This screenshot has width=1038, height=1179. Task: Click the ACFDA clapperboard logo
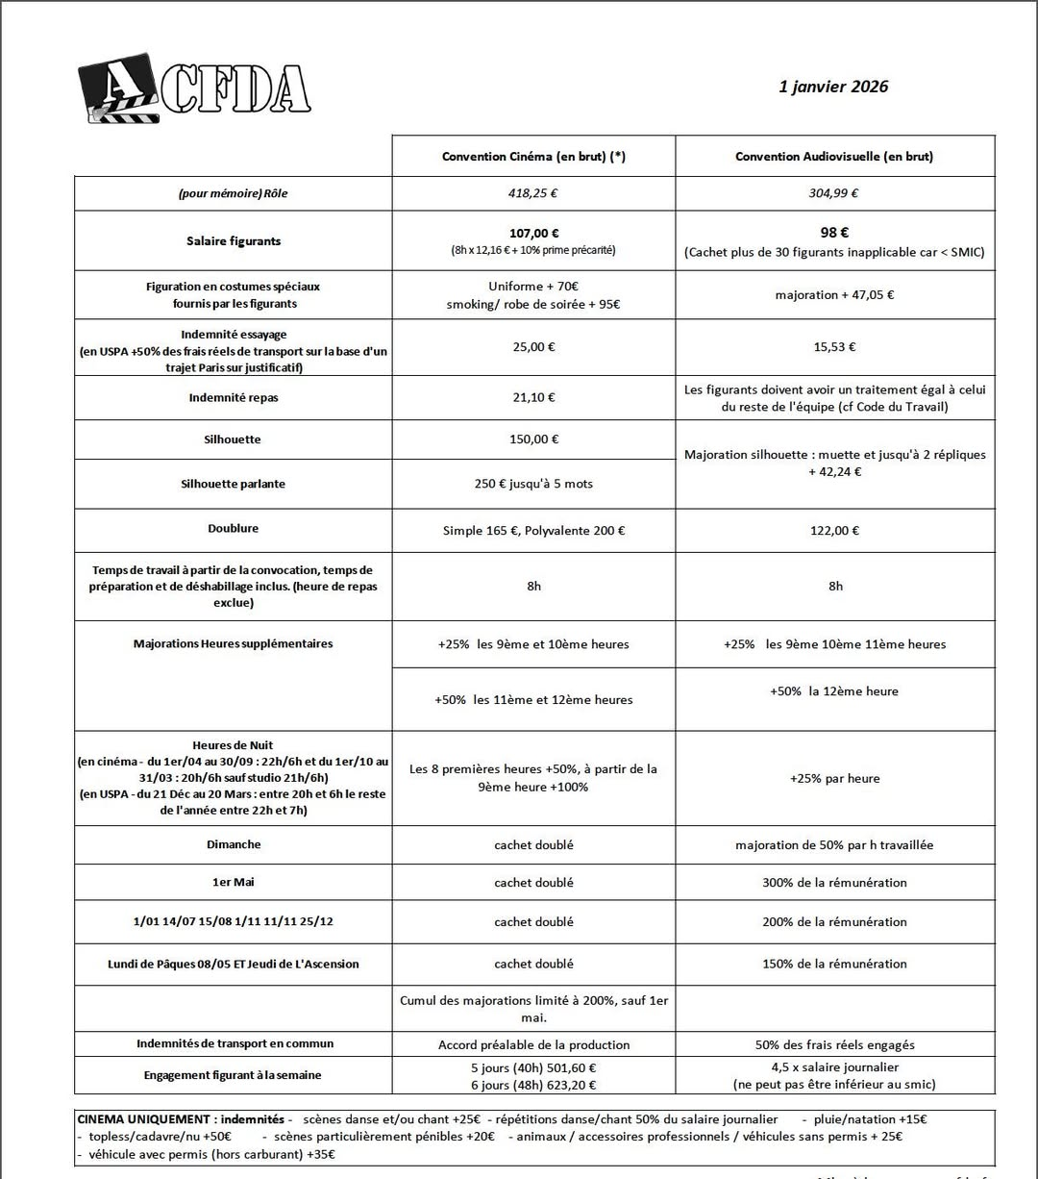[x=195, y=88]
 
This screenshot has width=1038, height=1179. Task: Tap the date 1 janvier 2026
[x=833, y=87]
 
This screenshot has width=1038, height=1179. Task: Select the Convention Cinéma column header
[x=533, y=157]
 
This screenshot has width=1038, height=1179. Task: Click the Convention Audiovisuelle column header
[x=834, y=157]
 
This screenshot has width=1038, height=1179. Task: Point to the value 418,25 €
[x=533, y=193]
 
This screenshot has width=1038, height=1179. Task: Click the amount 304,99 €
[x=834, y=193]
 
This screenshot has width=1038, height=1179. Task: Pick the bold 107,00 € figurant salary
[x=533, y=233]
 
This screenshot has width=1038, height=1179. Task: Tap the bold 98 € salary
[x=834, y=233]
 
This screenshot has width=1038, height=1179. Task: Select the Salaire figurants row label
[x=234, y=241]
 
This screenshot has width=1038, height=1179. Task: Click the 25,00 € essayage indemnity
[x=533, y=347]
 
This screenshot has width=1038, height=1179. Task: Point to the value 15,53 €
[x=834, y=347]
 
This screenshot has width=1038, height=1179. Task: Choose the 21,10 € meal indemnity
[x=533, y=397]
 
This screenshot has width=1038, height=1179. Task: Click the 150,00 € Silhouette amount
[x=533, y=439]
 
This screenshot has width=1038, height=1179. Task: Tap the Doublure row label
[x=234, y=529]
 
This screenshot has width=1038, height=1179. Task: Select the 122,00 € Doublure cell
[x=834, y=531]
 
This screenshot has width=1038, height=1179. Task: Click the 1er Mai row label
[x=234, y=882]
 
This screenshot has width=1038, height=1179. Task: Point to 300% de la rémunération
[x=834, y=883]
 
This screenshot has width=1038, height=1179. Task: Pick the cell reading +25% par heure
[x=834, y=778]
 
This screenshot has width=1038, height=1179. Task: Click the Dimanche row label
[x=234, y=844]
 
